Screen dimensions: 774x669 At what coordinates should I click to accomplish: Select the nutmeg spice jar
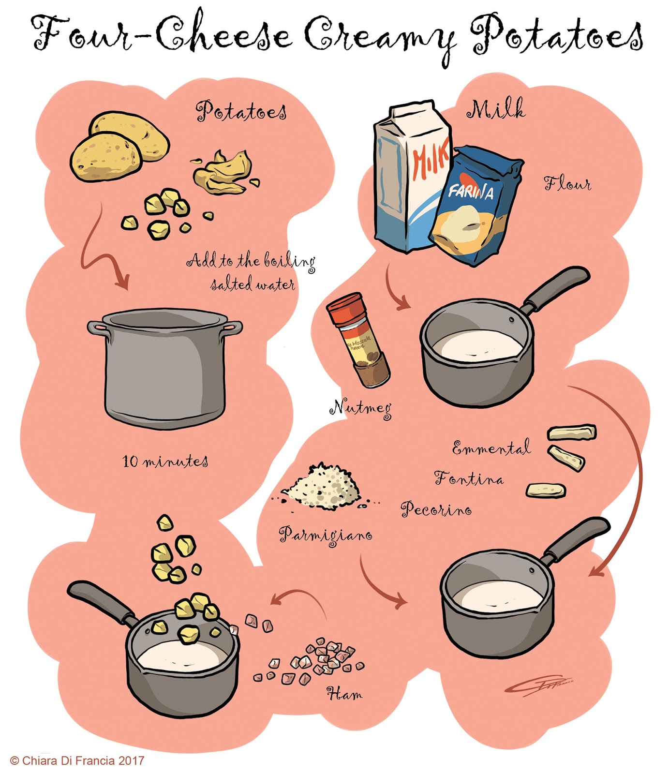358,339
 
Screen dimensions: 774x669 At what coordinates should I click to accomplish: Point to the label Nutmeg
360,408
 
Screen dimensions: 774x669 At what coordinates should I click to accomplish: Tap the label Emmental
491,448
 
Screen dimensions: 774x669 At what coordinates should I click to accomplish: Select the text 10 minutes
165,461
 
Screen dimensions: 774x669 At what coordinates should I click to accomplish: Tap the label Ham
344,694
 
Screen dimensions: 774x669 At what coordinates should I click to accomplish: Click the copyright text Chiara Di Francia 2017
77,760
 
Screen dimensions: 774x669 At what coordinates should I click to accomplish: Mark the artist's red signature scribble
537,685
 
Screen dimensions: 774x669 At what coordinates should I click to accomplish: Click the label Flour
567,184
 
